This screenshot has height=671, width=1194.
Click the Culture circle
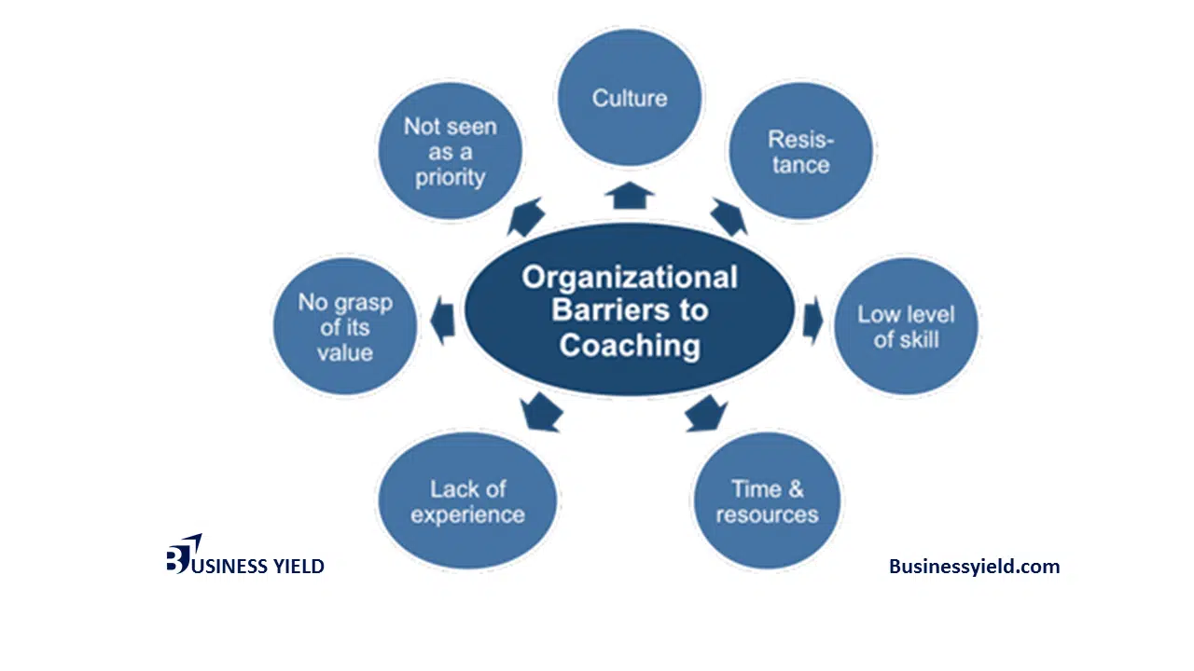click(x=630, y=98)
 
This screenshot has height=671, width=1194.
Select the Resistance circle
click(x=800, y=152)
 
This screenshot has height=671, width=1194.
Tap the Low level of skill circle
click(x=905, y=326)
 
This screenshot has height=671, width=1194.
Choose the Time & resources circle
click(x=767, y=501)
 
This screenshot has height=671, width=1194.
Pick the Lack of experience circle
click(x=467, y=501)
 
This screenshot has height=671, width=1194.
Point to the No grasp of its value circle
click(x=345, y=327)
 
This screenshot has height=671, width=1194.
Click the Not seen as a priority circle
click(x=450, y=152)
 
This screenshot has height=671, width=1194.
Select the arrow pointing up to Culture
click(x=630, y=195)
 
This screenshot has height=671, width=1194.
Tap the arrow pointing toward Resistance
click(x=729, y=217)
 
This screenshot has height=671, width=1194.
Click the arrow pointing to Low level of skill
click(x=812, y=320)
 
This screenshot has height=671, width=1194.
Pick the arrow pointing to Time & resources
click(x=706, y=413)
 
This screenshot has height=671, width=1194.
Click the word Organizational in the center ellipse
click(x=630, y=278)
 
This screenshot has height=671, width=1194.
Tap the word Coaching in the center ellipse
click(x=630, y=345)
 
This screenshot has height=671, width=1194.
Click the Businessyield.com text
click(x=974, y=566)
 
